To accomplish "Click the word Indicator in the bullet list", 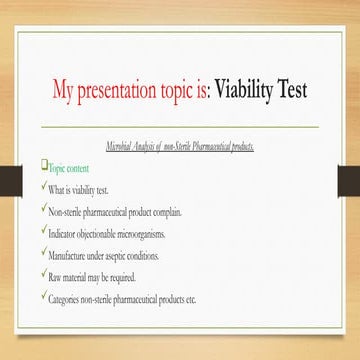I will (x=65, y=233).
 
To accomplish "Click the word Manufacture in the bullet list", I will (x=70, y=255).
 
